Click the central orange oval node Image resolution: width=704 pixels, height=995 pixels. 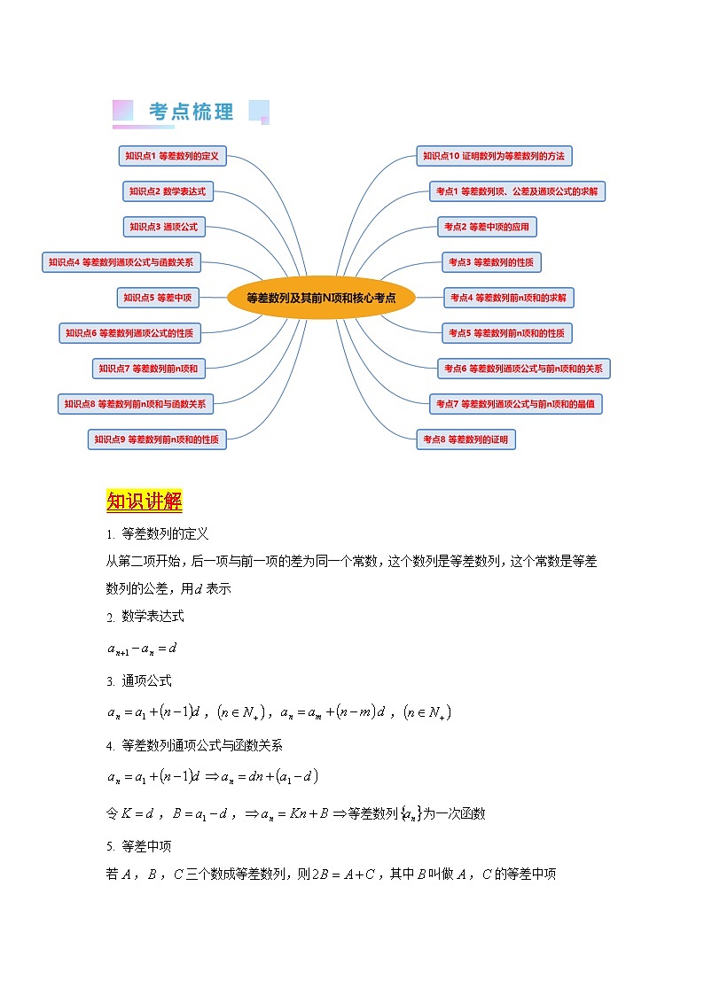coord(321,298)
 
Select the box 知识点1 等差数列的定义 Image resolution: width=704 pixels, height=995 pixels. coord(172,156)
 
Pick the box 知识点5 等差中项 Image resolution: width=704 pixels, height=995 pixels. coord(158,298)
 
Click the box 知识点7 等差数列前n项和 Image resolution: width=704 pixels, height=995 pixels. coord(149,369)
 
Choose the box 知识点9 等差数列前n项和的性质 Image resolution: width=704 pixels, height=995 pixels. coord(158,439)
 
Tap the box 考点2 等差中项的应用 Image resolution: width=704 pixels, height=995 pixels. coord(487,227)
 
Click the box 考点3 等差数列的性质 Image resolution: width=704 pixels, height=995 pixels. coord(491,262)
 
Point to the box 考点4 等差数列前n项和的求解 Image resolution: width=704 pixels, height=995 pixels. coord(508,298)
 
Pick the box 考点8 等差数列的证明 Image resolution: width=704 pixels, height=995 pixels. coord(465,439)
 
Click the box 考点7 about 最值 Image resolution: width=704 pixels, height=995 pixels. coord(515,404)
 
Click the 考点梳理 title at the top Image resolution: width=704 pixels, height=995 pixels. coord(192,112)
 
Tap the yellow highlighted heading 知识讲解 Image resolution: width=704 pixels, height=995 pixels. coord(144,501)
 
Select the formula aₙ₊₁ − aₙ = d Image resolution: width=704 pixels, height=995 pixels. coord(143,649)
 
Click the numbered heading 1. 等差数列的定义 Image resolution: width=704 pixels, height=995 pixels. coord(157,534)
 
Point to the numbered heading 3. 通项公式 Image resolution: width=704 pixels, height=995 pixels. coord(139,681)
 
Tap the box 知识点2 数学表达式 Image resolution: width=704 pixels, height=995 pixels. coord(167,191)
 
